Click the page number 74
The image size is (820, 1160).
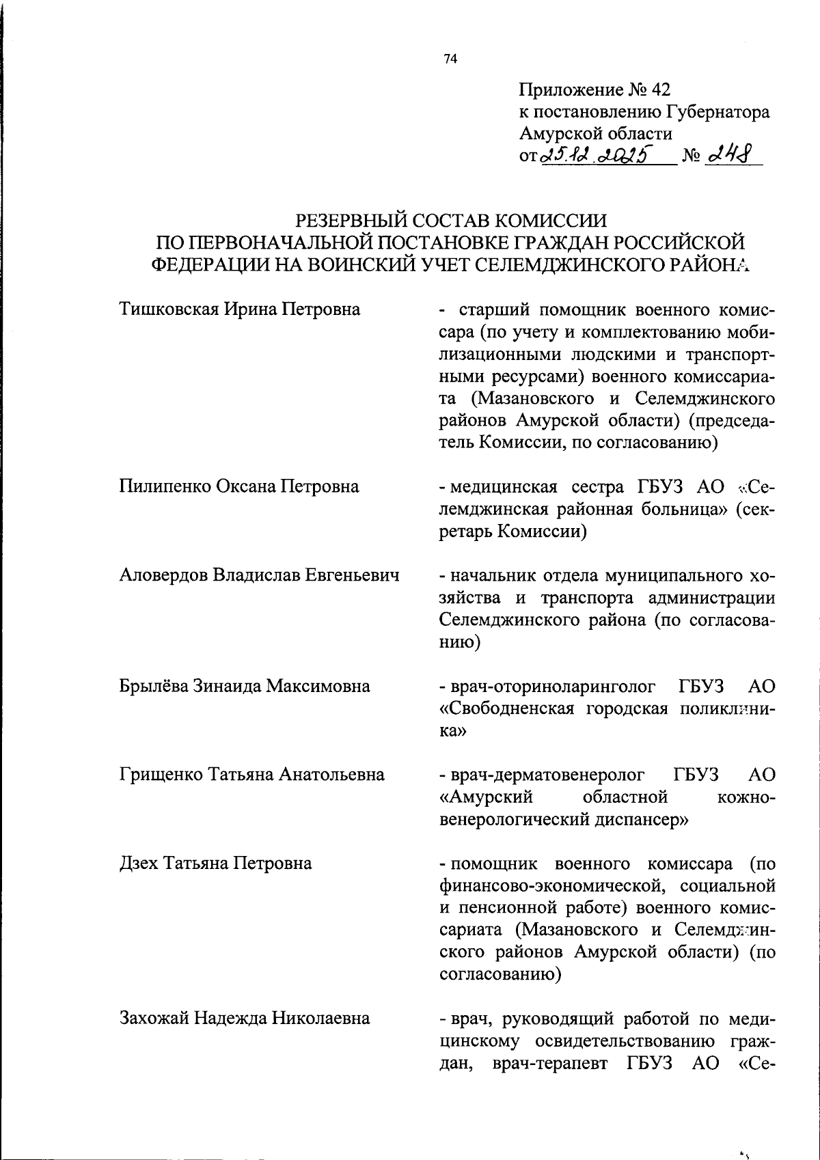point(450,59)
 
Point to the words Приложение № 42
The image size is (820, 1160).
point(594,90)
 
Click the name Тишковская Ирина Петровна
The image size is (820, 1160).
point(240,309)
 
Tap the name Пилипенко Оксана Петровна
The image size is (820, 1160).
point(239,486)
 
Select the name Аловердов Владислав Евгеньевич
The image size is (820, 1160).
point(259,575)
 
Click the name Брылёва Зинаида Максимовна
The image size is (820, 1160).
point(245,686)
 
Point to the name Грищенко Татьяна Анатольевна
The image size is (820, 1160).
point(252,775)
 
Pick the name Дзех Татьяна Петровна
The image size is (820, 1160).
point(216,864)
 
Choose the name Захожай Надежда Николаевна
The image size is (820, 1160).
point(245,1019)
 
